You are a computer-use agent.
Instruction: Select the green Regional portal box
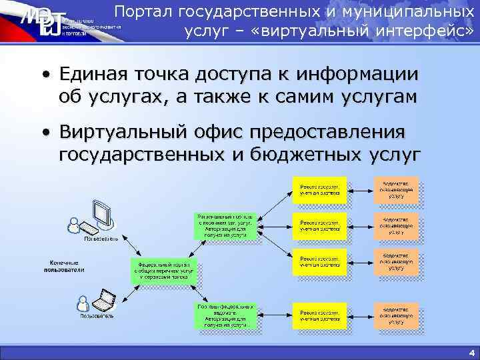pos(224,226)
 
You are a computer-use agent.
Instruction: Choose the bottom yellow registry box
pos(319,316)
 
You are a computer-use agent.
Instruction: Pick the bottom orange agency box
pos(396,316)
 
